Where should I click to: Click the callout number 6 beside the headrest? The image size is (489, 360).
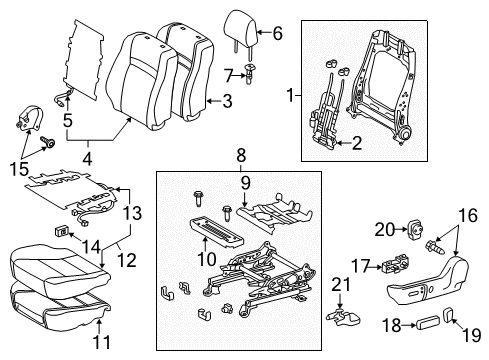point(278,33)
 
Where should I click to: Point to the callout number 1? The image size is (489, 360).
point(290,97)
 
